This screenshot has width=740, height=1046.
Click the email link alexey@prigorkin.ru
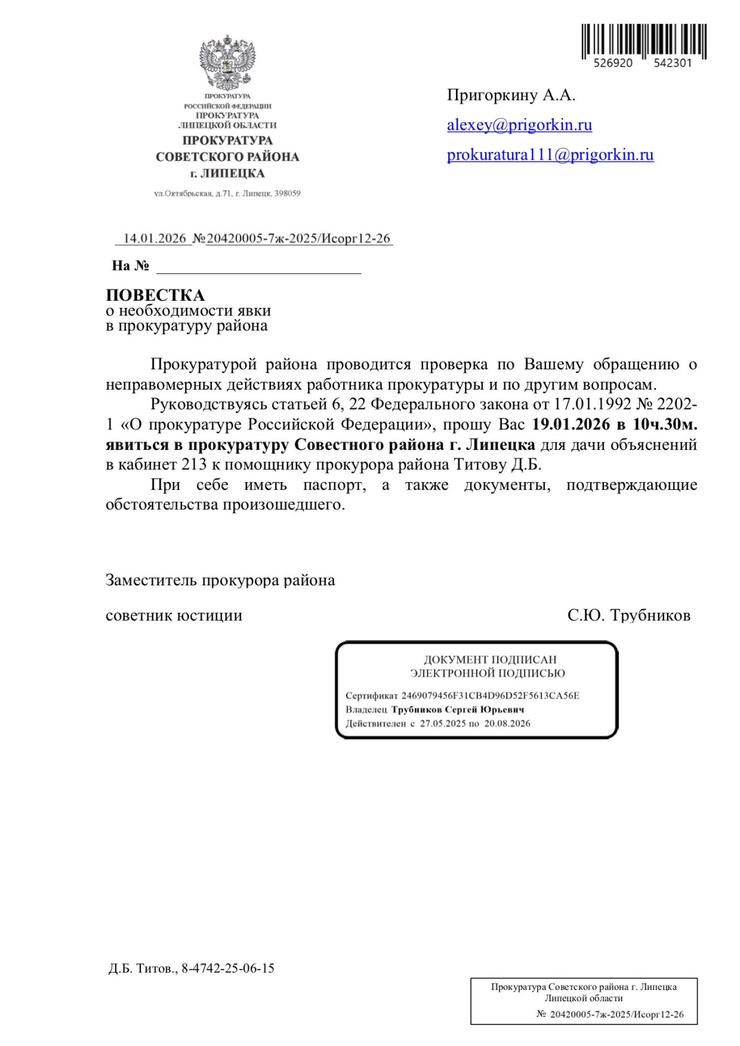(x=519, y=125)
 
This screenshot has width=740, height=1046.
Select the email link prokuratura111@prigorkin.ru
(x=550, y=155)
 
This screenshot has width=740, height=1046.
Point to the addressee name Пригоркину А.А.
(x=511, y=95)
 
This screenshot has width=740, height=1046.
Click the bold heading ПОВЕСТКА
(x=155, y=295)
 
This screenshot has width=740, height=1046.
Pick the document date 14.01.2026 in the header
(x=154, y=238)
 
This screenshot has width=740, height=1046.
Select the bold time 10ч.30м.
(x=665, y=424)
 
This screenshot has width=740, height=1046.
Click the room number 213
(x=194, y=464)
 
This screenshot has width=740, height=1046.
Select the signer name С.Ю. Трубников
(x=629, y=615)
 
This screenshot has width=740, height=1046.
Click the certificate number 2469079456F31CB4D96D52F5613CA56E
(x=490, y=696)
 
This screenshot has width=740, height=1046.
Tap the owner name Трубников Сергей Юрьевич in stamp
(x=458, y=710)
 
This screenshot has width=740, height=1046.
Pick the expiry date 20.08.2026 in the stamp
(x=507, y=724)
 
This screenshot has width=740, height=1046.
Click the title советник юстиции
(x=174, y=615)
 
